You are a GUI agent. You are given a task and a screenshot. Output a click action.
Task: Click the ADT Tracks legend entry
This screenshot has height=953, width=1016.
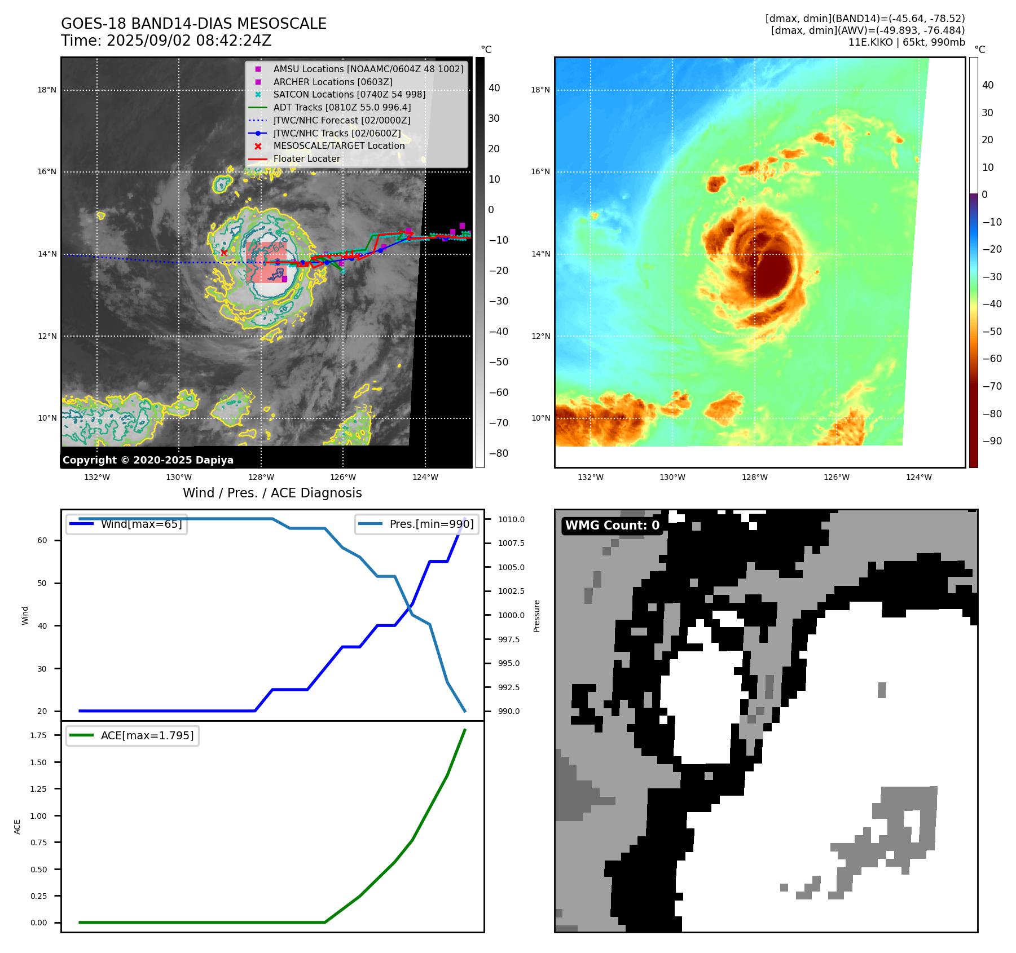[x=342, y=107]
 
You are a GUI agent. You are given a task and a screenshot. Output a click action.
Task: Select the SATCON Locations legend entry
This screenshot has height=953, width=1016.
[x=349, y=94]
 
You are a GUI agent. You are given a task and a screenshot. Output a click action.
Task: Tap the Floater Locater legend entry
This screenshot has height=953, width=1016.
[x=306, y=158]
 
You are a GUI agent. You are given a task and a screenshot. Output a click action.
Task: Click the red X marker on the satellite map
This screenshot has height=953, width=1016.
[x=224, y=253]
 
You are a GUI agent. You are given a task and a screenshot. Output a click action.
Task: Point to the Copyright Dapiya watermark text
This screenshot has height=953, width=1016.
[x=148, y=460]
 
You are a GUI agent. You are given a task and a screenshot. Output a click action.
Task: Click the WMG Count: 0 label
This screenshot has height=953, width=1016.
[x=612, y=526]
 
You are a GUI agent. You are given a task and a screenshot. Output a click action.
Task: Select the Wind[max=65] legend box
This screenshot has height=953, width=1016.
[x=126, y=524]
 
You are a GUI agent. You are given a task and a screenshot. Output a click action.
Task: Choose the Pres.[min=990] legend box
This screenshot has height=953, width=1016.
[x=417, y=524]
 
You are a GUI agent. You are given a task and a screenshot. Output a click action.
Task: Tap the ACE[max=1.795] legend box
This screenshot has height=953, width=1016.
[x=133, y=735]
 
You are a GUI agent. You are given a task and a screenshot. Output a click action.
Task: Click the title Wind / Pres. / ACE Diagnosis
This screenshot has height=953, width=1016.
[x=272, y=493]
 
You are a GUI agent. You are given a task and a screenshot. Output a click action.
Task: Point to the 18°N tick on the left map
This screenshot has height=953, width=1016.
[x=47, y=90]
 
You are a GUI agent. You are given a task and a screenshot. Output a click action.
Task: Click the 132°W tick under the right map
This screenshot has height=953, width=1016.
[x=591, y=477]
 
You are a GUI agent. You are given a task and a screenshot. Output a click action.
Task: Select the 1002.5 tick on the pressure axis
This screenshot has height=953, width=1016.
[x=511, y=591]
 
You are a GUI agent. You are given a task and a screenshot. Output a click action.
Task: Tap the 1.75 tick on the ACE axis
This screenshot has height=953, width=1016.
[x=39, y=735]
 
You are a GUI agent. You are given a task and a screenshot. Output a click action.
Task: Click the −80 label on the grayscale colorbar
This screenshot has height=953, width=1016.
[x=498, y=453]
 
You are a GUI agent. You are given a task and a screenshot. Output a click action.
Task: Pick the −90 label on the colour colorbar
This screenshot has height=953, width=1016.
[x=992, y=441]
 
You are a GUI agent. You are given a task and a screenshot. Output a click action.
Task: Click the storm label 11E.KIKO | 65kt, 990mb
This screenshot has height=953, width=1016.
[x=907, y=42]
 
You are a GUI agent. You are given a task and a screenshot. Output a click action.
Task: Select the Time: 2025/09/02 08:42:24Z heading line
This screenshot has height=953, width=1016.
[x=166, y=41]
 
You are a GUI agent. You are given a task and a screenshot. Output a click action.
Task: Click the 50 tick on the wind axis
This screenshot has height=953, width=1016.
[x=42, y=583]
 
